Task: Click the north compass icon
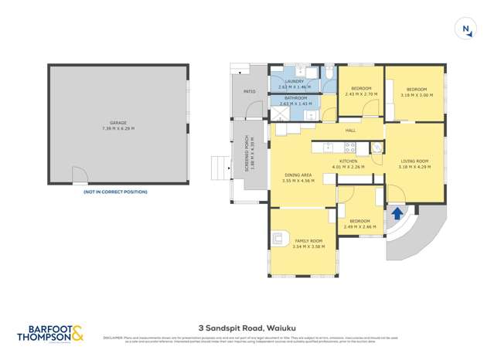[x=466, y=30]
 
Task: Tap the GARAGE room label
[x=118, y=122]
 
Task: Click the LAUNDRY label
[x=294, y=81]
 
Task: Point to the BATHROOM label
[x=295, y=98]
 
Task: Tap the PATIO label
[x=249, y=92]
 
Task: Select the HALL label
[x=349, y=131]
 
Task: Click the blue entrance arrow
[x=397, y=213]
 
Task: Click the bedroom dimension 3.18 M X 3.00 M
[x=415, y=95]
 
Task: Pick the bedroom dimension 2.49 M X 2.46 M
[x=359, y=227]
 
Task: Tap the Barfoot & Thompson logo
[x=51, y=332]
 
